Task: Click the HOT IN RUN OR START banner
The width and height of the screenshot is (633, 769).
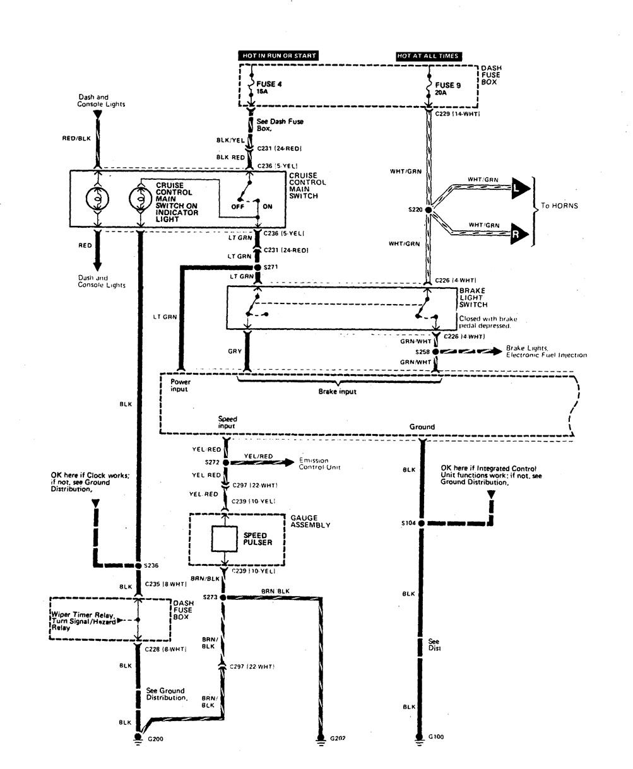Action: click(278, 56)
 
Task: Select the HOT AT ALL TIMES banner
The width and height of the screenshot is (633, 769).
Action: click(428, 56)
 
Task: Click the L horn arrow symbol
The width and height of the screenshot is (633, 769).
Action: click(519, 188)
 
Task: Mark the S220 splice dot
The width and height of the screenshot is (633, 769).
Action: click(429, 209)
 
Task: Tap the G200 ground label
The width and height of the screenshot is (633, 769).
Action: click(155, 737)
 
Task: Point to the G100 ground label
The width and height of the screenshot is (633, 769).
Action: click(436, 736)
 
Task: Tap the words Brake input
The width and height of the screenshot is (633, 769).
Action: click(337, 391)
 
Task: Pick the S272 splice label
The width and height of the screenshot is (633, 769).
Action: click(213, 462)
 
